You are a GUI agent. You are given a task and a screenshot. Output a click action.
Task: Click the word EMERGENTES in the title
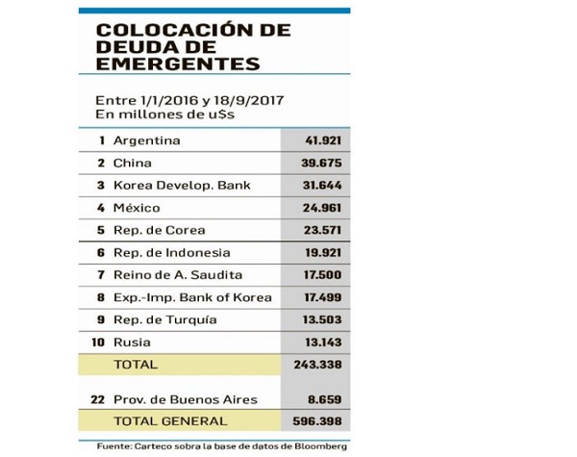pyautogui.click(x=178, y=63)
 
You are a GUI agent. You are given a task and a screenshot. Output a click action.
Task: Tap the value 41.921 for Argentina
pyautogui.click(x=323, y=140)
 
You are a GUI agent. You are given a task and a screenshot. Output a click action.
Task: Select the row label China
pyautogui.click(x=133, y=163)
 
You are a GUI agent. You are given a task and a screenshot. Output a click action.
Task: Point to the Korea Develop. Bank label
pyautogui.click(x=182, y=186)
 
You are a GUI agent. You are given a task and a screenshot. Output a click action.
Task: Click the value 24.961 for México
pyautogui.click(x=322, y=208)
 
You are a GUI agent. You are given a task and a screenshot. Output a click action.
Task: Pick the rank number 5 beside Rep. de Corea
pyautogui.click(x=101, y=230)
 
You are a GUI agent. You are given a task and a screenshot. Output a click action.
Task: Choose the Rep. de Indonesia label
pyautogui.click(x=172, y=253)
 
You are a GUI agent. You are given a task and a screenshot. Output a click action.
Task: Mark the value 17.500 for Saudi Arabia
pyautogui.click(x=322, y=275)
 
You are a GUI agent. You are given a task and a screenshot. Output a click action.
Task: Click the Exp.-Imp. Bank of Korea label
pyautogui.click(x=192, y=297)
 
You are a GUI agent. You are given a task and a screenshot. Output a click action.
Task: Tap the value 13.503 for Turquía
pyautogui.click(x=322, y=319)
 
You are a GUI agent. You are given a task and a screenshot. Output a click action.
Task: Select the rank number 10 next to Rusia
pyautogui.click(x=98, y=343)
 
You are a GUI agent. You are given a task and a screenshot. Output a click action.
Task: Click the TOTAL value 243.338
pyautogui.click(x=318, y=365)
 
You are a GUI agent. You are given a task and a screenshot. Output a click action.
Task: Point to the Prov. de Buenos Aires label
pyautogui.click(x=186, y=399)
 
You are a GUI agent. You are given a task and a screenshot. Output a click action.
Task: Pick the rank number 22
pyautogui.click(x=98, y=399)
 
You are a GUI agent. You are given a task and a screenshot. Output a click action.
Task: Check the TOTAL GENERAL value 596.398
pyautogui.click(x=317, y=421)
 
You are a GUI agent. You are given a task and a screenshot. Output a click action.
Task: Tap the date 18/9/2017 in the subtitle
pyautogui.click(x=249, y=100)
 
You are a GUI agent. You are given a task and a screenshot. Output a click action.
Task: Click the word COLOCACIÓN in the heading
pyautogui.click(x=175, y=30)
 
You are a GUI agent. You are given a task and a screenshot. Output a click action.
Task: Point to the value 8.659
pyautogui.click(x=325, y=399)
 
